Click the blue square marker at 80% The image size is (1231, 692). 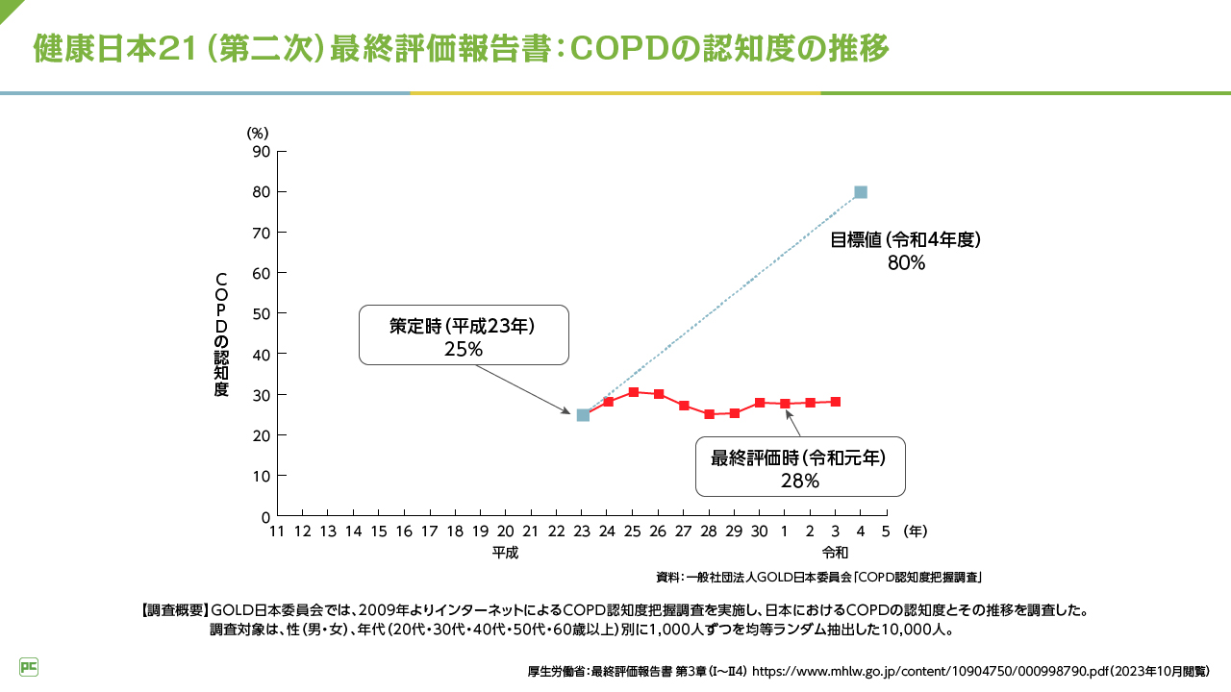click(861, 192)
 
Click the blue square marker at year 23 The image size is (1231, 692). click(583, 415)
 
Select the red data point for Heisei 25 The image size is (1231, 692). click(633, 392)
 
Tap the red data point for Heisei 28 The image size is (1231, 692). click(709, 414)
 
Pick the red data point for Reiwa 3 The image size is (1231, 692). click(835, 402)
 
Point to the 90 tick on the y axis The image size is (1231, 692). click(261, 151)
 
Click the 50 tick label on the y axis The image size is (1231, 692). click(261, 313)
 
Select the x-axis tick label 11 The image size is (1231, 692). click(277, 531)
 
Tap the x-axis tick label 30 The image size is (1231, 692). click(759, 531)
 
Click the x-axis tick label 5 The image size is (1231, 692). click(885, 531)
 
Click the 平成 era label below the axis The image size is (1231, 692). click(506, 553)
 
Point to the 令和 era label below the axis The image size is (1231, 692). click(835, 553)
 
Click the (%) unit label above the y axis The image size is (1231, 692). click(257, 133)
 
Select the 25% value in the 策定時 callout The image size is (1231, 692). click(463, 349)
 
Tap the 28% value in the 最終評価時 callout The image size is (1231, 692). click(800, 481)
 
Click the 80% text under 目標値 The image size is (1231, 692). click(906, 262)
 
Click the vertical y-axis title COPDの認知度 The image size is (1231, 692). click(221, 334)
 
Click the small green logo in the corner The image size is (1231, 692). click(29, 666)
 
